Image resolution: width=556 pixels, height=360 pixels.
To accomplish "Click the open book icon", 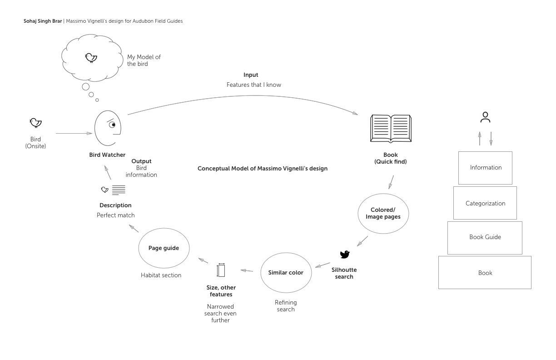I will [x=391, y=128].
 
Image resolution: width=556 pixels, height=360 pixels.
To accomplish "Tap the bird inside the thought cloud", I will [x=91, y=57].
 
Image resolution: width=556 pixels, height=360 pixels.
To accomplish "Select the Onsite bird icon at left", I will [x=35, y=123].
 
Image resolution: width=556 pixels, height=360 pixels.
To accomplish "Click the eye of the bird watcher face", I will [x=112, y=125].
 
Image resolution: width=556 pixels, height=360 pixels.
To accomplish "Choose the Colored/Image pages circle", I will [x=383, y=214].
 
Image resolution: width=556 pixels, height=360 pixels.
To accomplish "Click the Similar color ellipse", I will [x=285, y=273].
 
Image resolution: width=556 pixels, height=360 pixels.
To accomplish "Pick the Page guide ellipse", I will [x=164, y=248].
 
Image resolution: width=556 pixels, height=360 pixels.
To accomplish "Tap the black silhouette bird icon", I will [x=345, y=255].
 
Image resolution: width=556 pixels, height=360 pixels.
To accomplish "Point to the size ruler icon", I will [x=221, y=270].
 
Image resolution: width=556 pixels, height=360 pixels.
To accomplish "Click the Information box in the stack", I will [x=485, y=168].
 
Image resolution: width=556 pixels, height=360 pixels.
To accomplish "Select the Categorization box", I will [x=485, y=203].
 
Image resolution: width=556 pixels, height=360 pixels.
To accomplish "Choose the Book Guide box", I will [x=485, y=237].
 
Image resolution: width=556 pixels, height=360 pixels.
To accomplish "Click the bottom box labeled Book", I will [x=485, y=273].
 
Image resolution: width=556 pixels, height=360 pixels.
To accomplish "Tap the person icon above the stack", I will [x=485, y=117].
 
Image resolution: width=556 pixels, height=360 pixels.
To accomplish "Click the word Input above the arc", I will [x=251, y=75].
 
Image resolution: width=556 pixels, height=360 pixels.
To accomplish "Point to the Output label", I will [x=141, y=161].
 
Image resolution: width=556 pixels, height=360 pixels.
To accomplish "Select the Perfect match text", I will [x=115, y=215].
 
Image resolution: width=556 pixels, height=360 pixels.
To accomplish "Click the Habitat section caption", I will [x=161, y=275].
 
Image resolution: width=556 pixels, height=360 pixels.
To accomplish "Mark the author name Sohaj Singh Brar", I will [x=43, y=21].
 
